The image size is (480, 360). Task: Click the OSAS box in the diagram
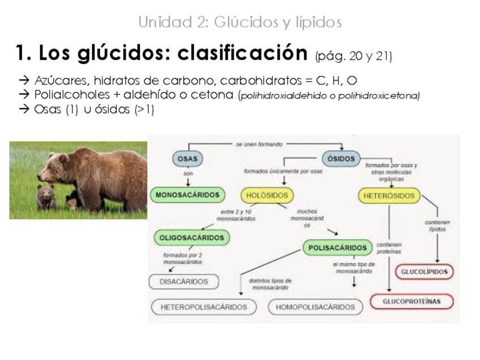(x=187, y=159)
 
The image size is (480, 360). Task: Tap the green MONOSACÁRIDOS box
(x=187, y=195)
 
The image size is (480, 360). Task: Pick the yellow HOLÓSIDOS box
(x=267, y=196)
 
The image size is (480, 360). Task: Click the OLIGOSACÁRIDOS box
(x=191, y=238)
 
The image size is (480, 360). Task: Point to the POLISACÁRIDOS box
(x=338, y=247)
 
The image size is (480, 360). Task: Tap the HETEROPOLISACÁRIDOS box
(x=204, y=307)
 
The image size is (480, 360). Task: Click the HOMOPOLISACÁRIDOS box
(x=315, y=307)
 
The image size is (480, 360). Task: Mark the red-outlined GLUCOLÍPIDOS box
(x=424, y=272)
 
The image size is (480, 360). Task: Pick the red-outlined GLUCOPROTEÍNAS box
(x=412, y=301)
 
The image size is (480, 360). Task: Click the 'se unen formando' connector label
(x=259, y=144)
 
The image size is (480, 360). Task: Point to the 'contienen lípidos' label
(x=437, y=226)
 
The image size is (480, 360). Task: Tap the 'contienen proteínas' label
(x=388, y=247)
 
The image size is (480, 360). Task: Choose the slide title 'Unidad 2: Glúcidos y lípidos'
(x=239, y=22)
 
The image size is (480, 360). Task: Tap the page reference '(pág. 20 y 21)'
(x=353, y=56)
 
